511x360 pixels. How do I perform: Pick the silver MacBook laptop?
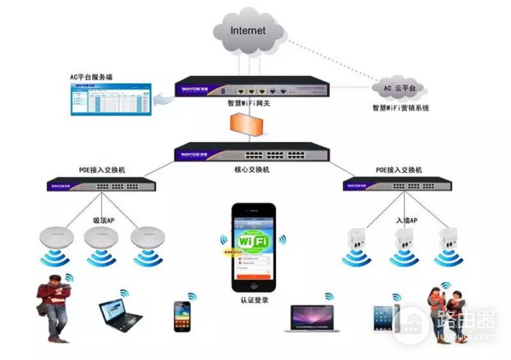point(313,318)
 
